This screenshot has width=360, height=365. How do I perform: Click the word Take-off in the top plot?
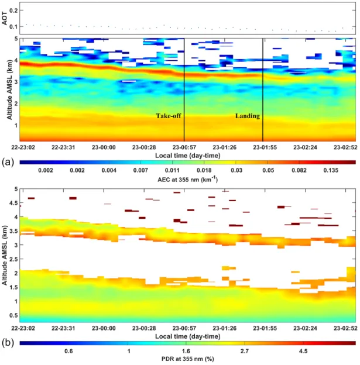coord(169,116)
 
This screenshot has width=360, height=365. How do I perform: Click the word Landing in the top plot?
coord(248,116)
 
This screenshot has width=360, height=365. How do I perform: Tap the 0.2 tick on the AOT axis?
coord(13,11)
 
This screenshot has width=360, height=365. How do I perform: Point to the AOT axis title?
coord(5,18)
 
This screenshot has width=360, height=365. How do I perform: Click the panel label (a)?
coord(8,162)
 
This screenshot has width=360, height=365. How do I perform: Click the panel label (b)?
coord(8,343)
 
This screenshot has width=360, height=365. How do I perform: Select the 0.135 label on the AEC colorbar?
coord(331,170)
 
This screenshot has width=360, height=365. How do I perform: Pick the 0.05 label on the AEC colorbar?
coord(268,170)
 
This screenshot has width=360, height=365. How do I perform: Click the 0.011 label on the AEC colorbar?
coord(172,170)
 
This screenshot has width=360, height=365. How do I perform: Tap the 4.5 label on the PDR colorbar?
coord(303,351)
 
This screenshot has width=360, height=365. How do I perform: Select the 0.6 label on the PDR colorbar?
coord(68,351)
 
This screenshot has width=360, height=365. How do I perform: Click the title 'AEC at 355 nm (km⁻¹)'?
coord(187,180)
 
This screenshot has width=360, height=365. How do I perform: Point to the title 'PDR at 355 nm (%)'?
coord(187,359)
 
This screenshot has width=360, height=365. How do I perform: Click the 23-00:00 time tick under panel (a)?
coord(104,147)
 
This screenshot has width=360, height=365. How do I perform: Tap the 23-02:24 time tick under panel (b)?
coord(305,328)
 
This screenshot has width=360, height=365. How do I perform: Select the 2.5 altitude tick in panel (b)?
coord(13,259)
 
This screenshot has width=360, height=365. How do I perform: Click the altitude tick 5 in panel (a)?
coord(16,39)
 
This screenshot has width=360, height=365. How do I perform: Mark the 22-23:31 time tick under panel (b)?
coord(63,328)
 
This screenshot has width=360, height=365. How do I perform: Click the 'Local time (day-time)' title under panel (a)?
coord(187,156)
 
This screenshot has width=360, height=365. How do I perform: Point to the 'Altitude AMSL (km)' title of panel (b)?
coord(5,256)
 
